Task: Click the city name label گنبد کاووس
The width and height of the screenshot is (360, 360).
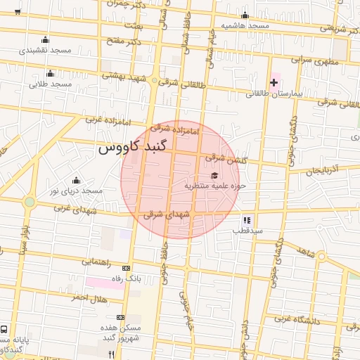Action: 133,149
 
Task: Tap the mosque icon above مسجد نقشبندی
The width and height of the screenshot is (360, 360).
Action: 46,39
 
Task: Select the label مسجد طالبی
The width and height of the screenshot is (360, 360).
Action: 50,84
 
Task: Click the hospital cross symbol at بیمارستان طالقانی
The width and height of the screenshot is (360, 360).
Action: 274,83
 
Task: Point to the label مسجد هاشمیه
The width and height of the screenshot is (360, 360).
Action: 245,25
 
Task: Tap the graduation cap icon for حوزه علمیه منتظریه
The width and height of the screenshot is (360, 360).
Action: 214,176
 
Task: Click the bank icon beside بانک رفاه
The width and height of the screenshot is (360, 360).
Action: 126,268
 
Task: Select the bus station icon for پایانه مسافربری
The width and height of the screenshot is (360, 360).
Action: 5,329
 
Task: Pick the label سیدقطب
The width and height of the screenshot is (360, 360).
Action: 248,230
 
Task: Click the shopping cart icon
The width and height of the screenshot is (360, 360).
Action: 18,12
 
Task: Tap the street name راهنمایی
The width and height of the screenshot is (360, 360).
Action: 96,262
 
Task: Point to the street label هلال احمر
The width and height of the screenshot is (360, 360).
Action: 88,297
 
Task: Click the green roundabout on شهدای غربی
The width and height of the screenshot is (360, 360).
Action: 29,202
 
